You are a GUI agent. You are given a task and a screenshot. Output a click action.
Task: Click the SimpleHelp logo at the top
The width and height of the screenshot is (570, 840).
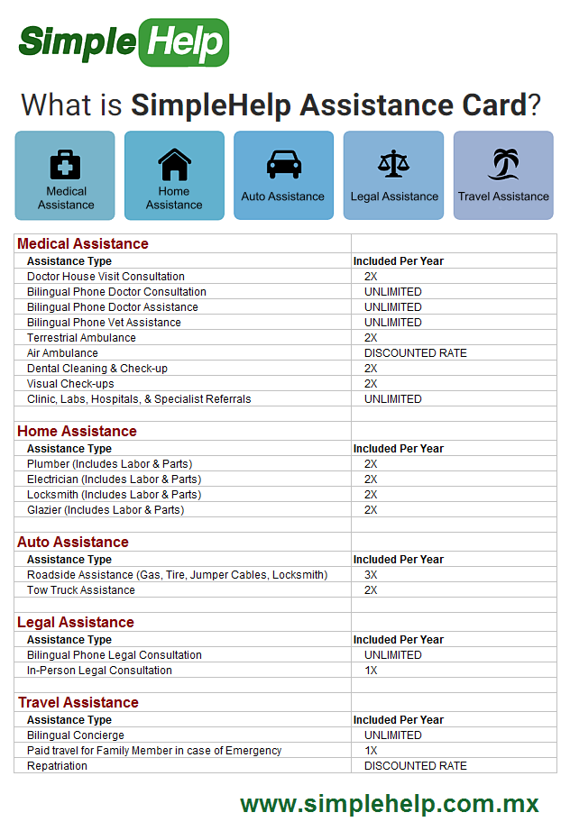(124, 41)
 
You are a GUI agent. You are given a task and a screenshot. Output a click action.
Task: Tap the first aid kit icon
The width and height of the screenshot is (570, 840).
(65, 165)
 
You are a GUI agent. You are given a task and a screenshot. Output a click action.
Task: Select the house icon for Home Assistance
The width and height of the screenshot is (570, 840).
(174, 165)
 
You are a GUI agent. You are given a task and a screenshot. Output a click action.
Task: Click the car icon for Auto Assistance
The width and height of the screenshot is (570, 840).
(283, 164)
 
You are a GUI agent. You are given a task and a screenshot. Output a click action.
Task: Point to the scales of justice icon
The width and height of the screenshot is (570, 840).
(393, 164)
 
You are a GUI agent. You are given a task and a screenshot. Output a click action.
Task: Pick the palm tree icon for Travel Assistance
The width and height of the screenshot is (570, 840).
(503, 164)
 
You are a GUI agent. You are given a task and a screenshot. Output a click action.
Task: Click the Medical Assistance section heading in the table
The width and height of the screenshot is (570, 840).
(83, 243)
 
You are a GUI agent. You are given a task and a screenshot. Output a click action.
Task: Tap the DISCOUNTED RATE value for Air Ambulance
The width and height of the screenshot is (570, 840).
(415, 353)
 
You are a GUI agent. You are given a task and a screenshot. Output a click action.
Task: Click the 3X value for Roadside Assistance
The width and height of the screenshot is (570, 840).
(371, 575)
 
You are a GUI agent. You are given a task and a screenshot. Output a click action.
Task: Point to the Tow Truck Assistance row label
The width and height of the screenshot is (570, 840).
(81, 590)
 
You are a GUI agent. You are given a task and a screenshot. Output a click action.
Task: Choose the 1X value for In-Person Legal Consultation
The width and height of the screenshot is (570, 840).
(371, 671)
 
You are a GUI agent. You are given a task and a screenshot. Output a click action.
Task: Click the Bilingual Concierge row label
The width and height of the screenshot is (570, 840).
(76, 735)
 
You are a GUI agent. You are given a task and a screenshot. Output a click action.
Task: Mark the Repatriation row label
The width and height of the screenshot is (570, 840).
(57, 766)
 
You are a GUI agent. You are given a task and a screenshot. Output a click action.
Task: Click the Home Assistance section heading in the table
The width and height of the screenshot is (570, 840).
(77, 431)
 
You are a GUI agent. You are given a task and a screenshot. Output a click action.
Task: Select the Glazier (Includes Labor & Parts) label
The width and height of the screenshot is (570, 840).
(106, 510)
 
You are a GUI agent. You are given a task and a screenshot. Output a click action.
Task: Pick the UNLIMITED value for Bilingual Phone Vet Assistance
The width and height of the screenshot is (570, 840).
(392, 323)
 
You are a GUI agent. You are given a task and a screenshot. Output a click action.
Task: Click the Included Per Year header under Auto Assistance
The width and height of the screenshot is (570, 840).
(398, 560)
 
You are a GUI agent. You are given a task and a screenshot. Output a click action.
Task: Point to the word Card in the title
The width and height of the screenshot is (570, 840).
(491, 105)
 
